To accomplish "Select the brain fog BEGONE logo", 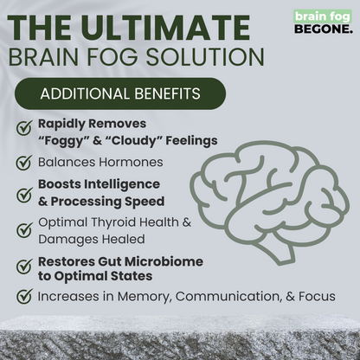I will [323, 21].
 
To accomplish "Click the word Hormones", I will [129, 162].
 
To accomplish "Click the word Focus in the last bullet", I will [316, 297].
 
